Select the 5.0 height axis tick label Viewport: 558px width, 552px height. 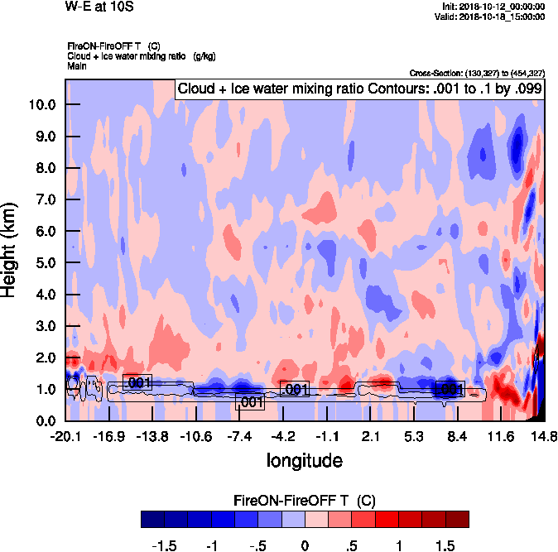coord(45,262)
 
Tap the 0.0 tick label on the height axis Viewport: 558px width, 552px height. coord(45,420)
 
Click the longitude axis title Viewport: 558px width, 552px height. coord(304,458)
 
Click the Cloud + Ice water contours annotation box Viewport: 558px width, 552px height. coord(358,89)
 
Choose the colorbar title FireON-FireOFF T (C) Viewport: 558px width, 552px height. coord(305,500)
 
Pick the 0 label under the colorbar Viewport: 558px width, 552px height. coord(305,546)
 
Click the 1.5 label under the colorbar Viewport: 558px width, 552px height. coord(445,546)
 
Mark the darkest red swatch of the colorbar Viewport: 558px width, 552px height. coord(457,519)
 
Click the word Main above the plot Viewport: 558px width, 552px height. coord(78,65)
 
